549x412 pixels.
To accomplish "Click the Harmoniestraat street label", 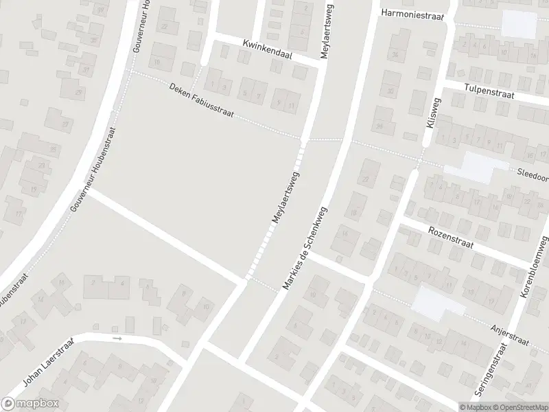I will (413, 14).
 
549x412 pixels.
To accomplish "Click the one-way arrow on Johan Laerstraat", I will (117, 339).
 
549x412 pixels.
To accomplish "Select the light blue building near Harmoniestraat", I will (519, 24).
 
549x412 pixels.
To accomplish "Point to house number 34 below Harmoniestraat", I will (395, 54).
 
